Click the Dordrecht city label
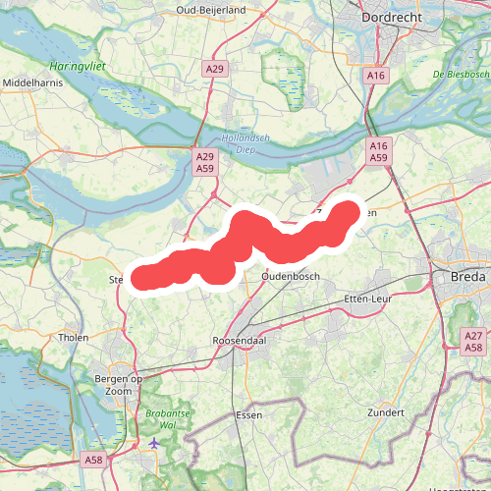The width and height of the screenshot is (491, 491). point(394,17)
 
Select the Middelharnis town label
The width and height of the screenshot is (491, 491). point(35,83)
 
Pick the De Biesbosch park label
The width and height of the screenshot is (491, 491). point(461,75)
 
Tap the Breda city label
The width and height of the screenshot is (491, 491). point(467,277)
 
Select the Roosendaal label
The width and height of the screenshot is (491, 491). point(241,340)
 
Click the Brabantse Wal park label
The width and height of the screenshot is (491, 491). point(163,419)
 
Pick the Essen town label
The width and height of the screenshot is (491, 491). point(249,415)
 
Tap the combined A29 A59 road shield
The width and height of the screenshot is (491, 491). point(204,162)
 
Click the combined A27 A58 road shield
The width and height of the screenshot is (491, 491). point(474,342)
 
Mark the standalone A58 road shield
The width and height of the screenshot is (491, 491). point(94,460)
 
